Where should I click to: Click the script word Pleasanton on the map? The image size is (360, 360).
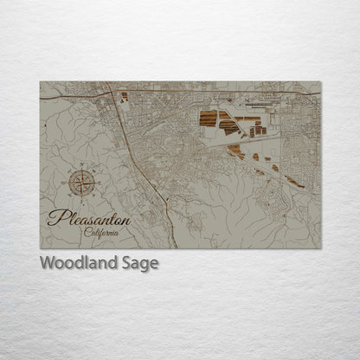(x=89, y=218)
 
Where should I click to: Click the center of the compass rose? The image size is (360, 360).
(x=83, y=183)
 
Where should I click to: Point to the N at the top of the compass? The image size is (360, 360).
(x=83, y=165)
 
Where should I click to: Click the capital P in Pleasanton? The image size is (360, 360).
(x=55, y=217)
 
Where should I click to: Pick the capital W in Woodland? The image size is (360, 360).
(x=48, y=263)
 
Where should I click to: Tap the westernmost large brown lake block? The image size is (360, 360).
(x=208, y=119)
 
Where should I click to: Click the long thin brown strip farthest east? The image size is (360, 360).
(x=295, y=182)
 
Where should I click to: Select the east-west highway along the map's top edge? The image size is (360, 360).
(x=216, y=89)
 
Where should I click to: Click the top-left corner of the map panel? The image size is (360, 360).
(x=40, y=81)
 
